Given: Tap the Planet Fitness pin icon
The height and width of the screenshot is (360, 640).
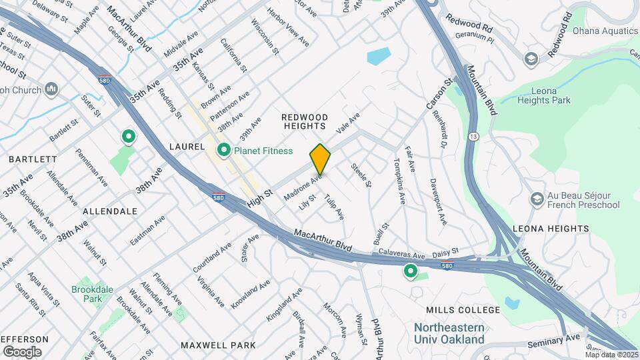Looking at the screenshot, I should point(224,151).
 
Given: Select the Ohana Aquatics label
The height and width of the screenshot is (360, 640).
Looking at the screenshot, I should point(605,30).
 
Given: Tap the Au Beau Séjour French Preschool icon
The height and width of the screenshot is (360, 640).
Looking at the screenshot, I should point(536,199).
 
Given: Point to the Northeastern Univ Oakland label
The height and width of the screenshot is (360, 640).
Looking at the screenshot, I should point(449,333).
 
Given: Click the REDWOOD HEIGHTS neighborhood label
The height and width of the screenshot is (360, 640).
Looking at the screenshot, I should point(304,121).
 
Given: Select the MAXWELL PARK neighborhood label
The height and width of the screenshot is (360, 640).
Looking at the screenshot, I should point(218,345).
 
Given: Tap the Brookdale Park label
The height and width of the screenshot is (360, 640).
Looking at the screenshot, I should point(88,295).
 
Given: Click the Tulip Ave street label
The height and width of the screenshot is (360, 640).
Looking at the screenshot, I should point(334,208).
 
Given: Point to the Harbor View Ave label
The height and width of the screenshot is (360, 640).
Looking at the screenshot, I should point(288,27).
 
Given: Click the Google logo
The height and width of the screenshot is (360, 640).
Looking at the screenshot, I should point(22,351).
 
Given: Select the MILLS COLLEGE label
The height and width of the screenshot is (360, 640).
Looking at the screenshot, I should point(463,310).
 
